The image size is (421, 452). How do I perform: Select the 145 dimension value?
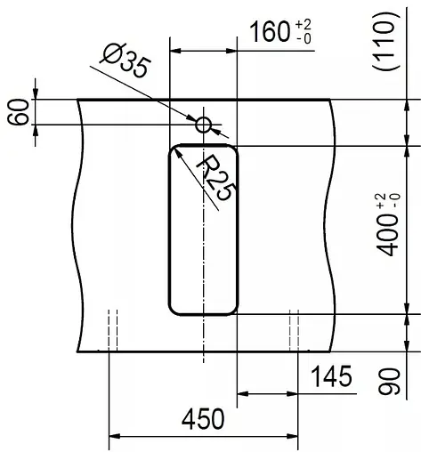(x=331, y=377)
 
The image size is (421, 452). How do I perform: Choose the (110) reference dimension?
(x=385, y=42)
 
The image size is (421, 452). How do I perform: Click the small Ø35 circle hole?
(x=204, y=125)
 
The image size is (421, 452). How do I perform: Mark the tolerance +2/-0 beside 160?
(x=305, y=34)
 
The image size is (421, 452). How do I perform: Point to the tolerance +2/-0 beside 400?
(x=385, y=201)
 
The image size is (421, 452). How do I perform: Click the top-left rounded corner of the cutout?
(x=175, y=150)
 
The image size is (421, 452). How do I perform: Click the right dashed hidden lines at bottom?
(x=295, y=330)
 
